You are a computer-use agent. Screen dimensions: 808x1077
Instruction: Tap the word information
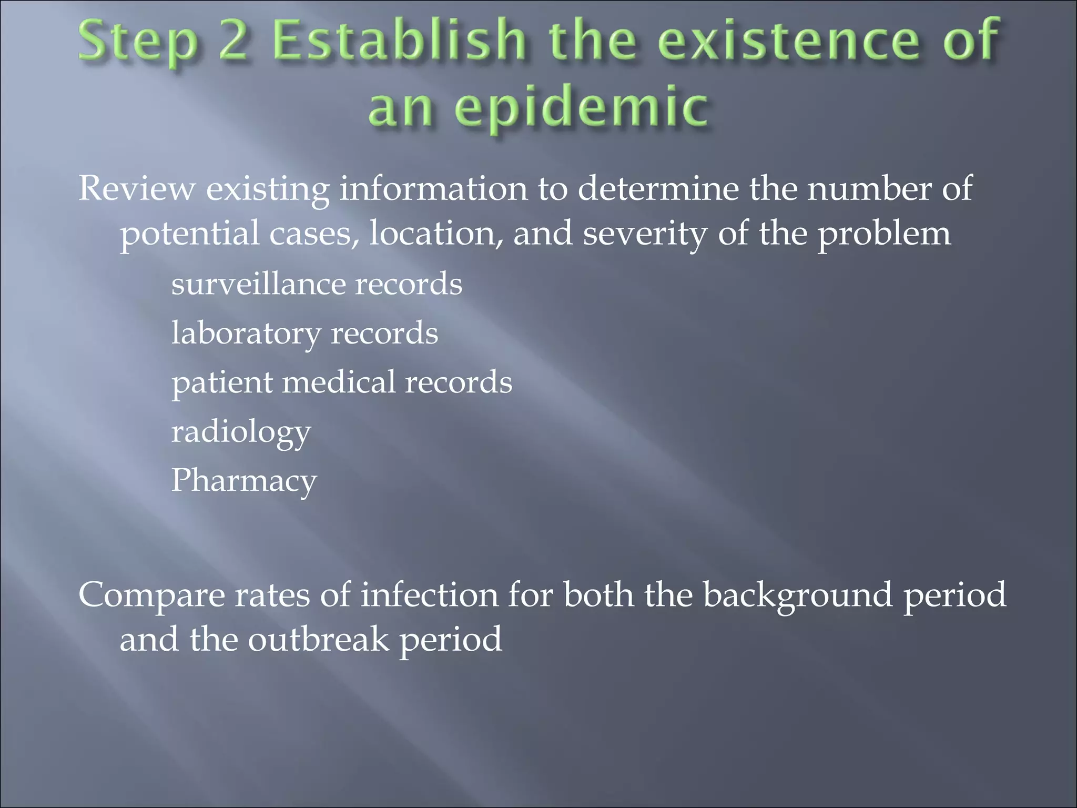(x=433, y=188)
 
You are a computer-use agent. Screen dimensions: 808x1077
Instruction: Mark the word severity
(x=645, y=234)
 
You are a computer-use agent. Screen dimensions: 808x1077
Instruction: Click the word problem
(x=884, y=234)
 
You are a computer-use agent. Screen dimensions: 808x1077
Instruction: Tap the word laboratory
(x=246, y=334)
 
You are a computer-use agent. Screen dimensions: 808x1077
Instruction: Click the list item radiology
(x=241, y=432)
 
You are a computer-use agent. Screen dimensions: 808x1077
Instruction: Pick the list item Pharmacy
(x=244, y=481)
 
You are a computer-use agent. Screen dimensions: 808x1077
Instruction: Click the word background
(x=798, y=595)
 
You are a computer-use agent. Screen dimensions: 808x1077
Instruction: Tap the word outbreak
(x=318, y=640)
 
